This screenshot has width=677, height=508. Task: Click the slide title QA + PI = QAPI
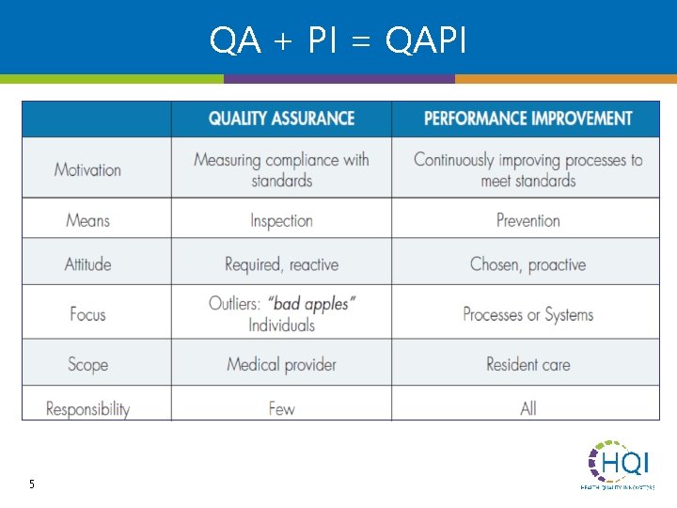pos(338,40)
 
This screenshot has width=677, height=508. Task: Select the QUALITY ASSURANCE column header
pos(281,119)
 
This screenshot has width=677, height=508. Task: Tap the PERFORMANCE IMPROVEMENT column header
pos(527,119)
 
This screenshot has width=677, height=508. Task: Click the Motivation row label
pos(87,170)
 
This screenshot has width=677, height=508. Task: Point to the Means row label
pos(87,221)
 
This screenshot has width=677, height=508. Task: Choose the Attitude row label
pos(87,264)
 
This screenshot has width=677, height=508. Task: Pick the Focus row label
pos(87,314)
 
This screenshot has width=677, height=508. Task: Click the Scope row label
pos(87,364)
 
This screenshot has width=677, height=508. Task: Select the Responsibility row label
pos(87,409)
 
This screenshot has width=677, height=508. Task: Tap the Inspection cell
pos(281,221)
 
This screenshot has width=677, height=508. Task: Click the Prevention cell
pos(527,221)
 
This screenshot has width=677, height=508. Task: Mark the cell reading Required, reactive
pos(281,264)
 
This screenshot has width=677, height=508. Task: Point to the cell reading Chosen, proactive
pos(527,264)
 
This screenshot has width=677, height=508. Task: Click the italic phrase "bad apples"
pos(311,304)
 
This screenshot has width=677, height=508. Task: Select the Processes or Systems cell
pos(527,314)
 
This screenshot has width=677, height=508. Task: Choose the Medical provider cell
pos(281,364)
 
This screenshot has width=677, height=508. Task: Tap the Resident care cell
pos(527,364)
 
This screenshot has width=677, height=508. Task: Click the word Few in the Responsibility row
pos(281,409)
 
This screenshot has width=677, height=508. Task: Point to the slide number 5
pos(32,484)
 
